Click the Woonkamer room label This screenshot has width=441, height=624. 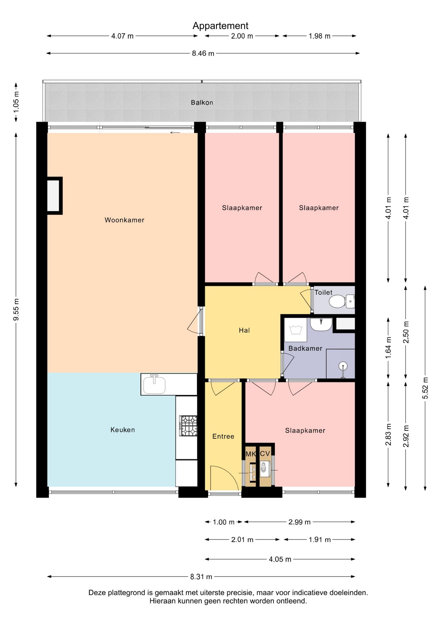pos(124,220)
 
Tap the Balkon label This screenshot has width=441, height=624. pos(202,102)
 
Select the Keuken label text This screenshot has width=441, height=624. pos(122,430)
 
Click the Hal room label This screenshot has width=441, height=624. pos(244,330)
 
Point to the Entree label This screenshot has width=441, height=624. pos(223,436)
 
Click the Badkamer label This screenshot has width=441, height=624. pos(305,348)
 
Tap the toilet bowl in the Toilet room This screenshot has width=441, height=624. pos(338,301)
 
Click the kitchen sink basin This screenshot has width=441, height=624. pos(155,384)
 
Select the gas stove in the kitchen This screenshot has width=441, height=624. pos(188,426)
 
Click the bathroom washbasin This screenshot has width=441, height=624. pos(321,324)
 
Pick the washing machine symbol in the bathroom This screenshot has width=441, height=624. pos(296,330)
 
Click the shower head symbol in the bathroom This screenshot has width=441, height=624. pos(343,366)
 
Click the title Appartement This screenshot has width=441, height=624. pos(220,26)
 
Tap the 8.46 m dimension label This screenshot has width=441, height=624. pos(203,53)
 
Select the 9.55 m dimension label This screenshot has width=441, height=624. pos(16,309)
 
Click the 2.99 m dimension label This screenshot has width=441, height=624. pos(299,522)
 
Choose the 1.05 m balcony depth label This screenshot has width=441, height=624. pos(16,102)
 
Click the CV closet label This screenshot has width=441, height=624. pos(265,453)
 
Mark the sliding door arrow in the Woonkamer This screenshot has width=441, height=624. pos(175,133)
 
